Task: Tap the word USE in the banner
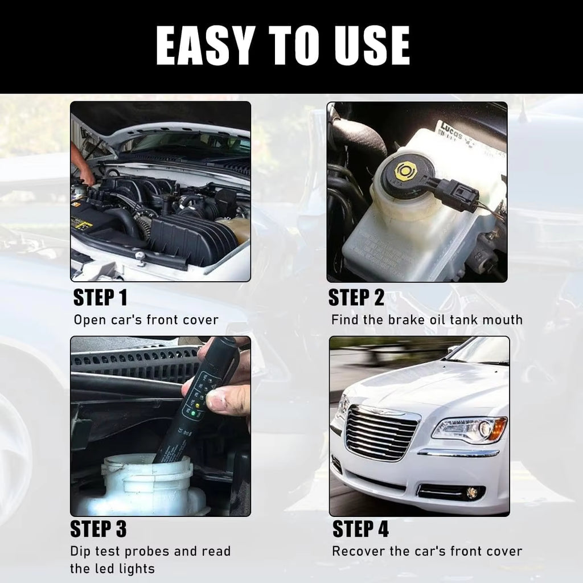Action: click(x=372, y=46)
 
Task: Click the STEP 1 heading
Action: click(x=100, y=297)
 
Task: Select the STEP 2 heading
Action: click(x=356, y=297)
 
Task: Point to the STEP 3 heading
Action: click(x=98, y=529)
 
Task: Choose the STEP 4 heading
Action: click(x=360, y=529)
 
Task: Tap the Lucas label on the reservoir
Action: click(x=451, y=130)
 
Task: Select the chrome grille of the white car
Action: click(x=380, y=433)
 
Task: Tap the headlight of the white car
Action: click(x=469, y=430)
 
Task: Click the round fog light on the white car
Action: click(x=472, y=492)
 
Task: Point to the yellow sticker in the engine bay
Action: click(x=83, y=224)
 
